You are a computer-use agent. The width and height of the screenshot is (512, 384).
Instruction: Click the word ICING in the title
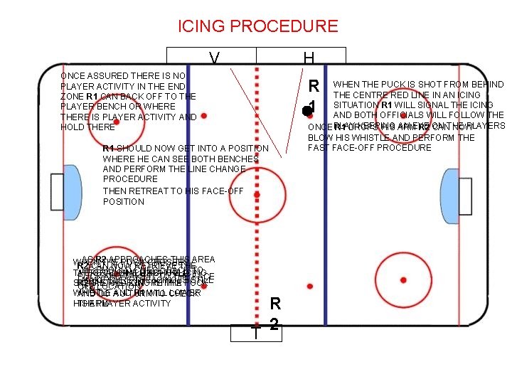point(202,27)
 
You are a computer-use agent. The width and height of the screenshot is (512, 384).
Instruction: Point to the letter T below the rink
point(255,333)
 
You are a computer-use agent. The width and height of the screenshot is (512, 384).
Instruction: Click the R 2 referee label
point(276,314)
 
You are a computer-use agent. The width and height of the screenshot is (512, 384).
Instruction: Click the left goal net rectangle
point(57,191)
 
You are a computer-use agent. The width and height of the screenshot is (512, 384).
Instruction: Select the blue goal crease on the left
point(72,191)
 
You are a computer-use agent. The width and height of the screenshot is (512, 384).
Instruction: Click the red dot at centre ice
point(257,193)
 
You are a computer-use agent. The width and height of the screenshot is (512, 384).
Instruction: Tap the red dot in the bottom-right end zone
point(403,280)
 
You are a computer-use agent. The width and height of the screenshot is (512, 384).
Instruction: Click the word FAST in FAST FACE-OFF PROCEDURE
point(319,147)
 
